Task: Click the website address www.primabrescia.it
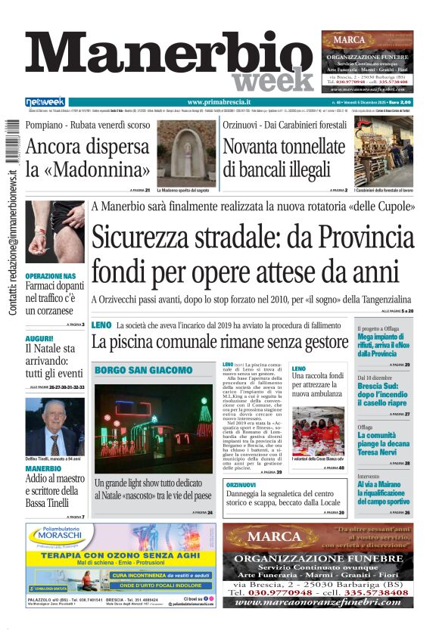[x=219, y=102]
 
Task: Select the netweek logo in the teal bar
[x=45, y=102]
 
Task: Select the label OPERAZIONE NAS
[x=51, y=276]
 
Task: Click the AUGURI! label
[x=39, y=338]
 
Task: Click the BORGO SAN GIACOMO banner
[x=144, y=370]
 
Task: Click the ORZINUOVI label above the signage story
[x=241, y=484]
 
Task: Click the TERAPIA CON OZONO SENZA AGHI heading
[x=110, y=554]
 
